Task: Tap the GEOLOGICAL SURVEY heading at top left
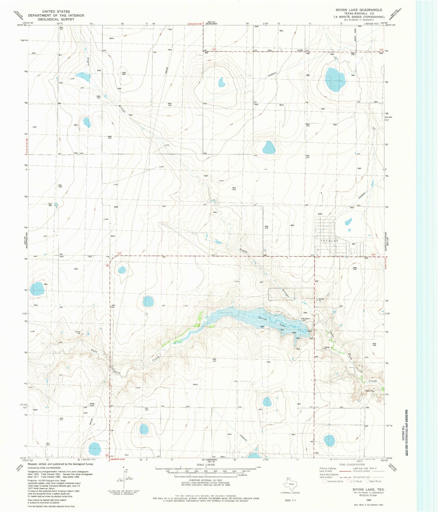tap(56, 19)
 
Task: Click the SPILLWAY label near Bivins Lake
tap(305, 318)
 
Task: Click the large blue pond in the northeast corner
tap(334, 79)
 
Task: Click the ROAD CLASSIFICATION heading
tap(352, 465)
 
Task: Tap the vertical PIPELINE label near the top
tap(167, 72)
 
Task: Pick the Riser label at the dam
tap(310, 331)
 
